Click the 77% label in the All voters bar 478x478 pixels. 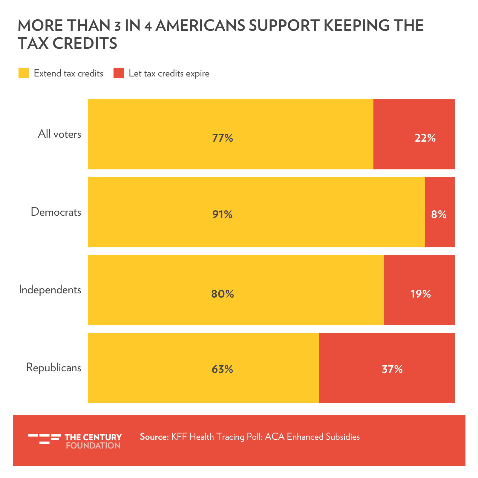pyautogui.click(x=222, y=138)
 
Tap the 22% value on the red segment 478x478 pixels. pyautogui.click(x=425, y=138)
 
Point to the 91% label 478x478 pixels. pyautogui.click(x=222, y=214)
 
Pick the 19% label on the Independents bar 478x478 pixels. pyautogui.click(x=420, y=294)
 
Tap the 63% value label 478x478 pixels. pyautogui.click(x=222, y=370)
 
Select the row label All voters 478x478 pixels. pyautogui.click(x=59, y=134)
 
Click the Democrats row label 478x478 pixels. pyautogui.click(x=56, y=212)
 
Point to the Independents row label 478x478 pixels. pyautogui.click(x=50, y=290)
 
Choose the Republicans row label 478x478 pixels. pyautogui.click(x=53, y=367)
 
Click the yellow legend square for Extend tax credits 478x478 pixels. pyautogui.click(x=24, y=73)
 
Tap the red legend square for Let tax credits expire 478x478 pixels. pyautogui.click(x=119, y=73)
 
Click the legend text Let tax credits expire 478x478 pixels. pyautogui.click(x=169, y=73)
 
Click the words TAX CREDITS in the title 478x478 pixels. pyautogui.click(x=68, y=43)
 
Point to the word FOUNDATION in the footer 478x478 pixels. pyautogui.click(x=93, y=445)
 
